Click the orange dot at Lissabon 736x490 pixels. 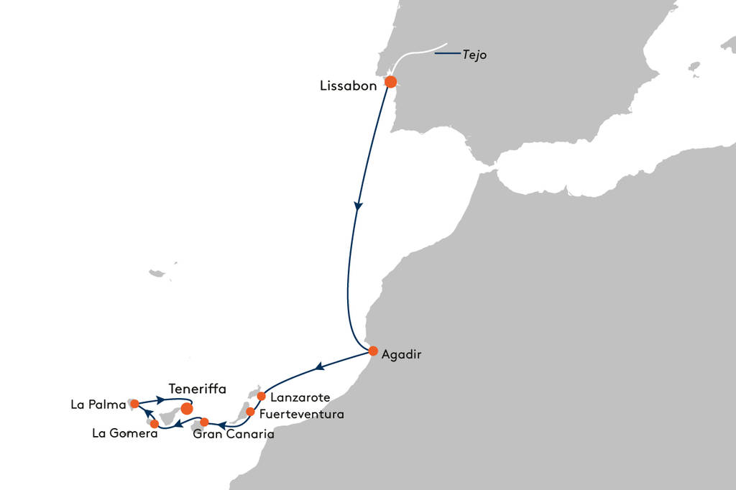pyautogui.click(x=390, y=82)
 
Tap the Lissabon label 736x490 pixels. pyautogui.click(x=349, y=85)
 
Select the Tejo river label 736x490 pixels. pyautogui.click(x=475, y=55)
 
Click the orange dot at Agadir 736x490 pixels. pyautogui.click(x=373, y=351)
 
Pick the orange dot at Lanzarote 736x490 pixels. pyautogui.click(x=262, y=396)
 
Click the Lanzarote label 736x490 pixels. pyautogui.click(x=300, y=397)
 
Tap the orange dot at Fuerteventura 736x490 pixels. pyautogui.click(x=250, y=412)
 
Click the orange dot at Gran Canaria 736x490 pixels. pyautogui.click(x=204, y=422)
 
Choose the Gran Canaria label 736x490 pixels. pyautogui.click(x=234, y=435)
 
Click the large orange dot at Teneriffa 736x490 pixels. pyautogui.click(x=187, y=408)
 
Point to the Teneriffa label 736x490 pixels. pyautogui.click(x=197, y=389)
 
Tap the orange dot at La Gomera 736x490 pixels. pyautogui.click(x=155, y=424)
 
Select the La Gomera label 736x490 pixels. pyautogui.click(x=124, y=433)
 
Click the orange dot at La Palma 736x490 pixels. pyautogui.click(x=134, y=404)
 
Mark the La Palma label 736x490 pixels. pyautogui.click(x=98, y=405)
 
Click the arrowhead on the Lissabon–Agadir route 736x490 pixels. pyautogui.click(x=358, y=206)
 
